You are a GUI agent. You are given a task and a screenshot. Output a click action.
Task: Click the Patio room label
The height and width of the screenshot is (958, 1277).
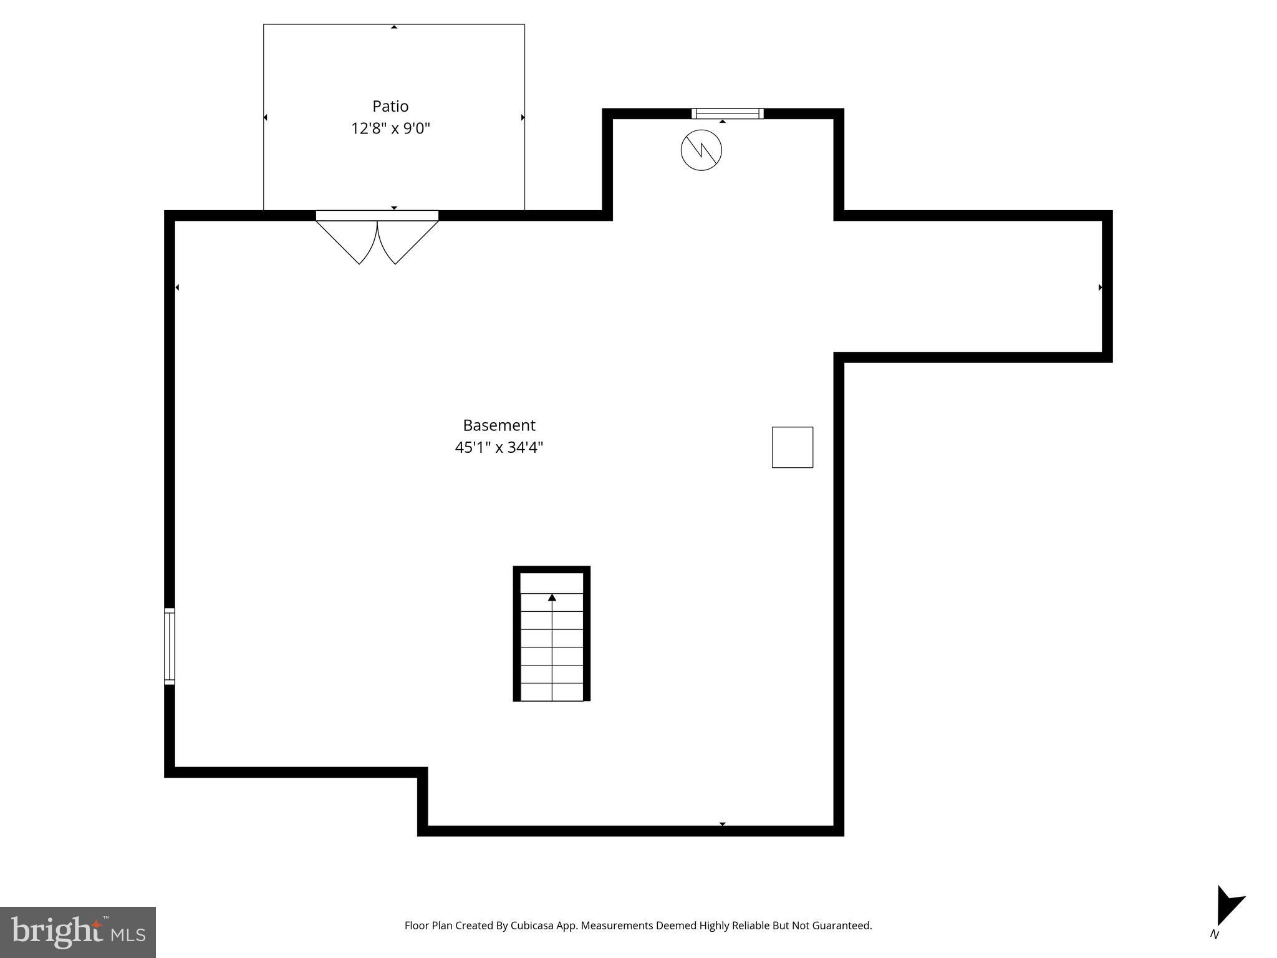tap(390, 106)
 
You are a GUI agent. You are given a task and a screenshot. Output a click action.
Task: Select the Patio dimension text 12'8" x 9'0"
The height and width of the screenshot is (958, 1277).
tap(390, 128)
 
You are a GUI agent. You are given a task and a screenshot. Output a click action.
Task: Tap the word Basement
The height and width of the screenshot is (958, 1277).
tap(499, 425)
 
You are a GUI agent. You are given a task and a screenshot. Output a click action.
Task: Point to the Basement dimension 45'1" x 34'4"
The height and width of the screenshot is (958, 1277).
tap(499, 448)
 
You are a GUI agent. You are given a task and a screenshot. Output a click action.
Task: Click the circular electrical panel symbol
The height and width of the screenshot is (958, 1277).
tap(701, 150)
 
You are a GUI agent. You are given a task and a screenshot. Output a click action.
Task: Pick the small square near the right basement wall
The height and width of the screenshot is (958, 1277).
tap(792, 447)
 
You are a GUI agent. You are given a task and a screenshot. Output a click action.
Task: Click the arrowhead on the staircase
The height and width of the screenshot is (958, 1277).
tap(552, 598)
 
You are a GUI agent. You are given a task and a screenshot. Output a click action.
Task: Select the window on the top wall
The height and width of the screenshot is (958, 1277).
tap(727, 114)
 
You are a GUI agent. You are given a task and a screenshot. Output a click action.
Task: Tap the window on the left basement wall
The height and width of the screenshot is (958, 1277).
tap(170, 646)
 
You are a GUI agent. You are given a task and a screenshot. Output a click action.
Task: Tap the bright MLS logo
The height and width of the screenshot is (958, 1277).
tap(78, 932)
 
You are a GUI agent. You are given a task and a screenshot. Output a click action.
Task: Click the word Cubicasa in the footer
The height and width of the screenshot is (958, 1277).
tap(533, 926)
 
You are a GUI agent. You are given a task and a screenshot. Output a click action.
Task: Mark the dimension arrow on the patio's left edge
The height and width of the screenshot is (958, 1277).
tap(266, 117)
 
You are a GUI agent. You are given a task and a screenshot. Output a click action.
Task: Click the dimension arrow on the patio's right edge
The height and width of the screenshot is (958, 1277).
tap(523, 117)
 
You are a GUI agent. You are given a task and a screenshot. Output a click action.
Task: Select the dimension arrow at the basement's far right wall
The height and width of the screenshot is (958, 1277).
tap(1100, 288)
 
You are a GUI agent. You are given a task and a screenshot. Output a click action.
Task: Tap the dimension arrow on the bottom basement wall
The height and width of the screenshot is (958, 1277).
tap(723, 824)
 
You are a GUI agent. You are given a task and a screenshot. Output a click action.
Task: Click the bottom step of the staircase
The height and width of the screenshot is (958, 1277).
tap(552, 692)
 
